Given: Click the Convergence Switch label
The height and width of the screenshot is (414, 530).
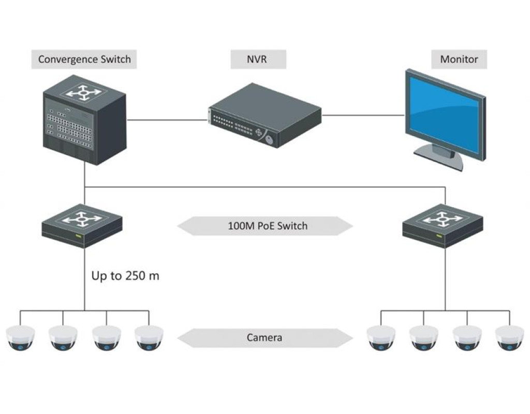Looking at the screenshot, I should (x=84, y=59).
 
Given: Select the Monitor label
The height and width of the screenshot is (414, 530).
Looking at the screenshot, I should (x=459, y=59).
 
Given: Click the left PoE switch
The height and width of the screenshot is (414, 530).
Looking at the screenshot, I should (x=82, y=226).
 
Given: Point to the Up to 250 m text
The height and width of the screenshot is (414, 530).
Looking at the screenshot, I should (x=125, y=276).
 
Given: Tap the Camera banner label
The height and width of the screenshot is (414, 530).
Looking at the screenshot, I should (x=264, y=338).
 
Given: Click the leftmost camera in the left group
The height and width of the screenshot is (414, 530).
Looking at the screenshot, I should (x=20, y=337).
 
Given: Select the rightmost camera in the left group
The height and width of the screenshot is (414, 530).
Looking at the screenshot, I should (x=149, y=337).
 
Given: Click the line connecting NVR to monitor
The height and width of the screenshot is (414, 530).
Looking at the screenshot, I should (x=362, y=115).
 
